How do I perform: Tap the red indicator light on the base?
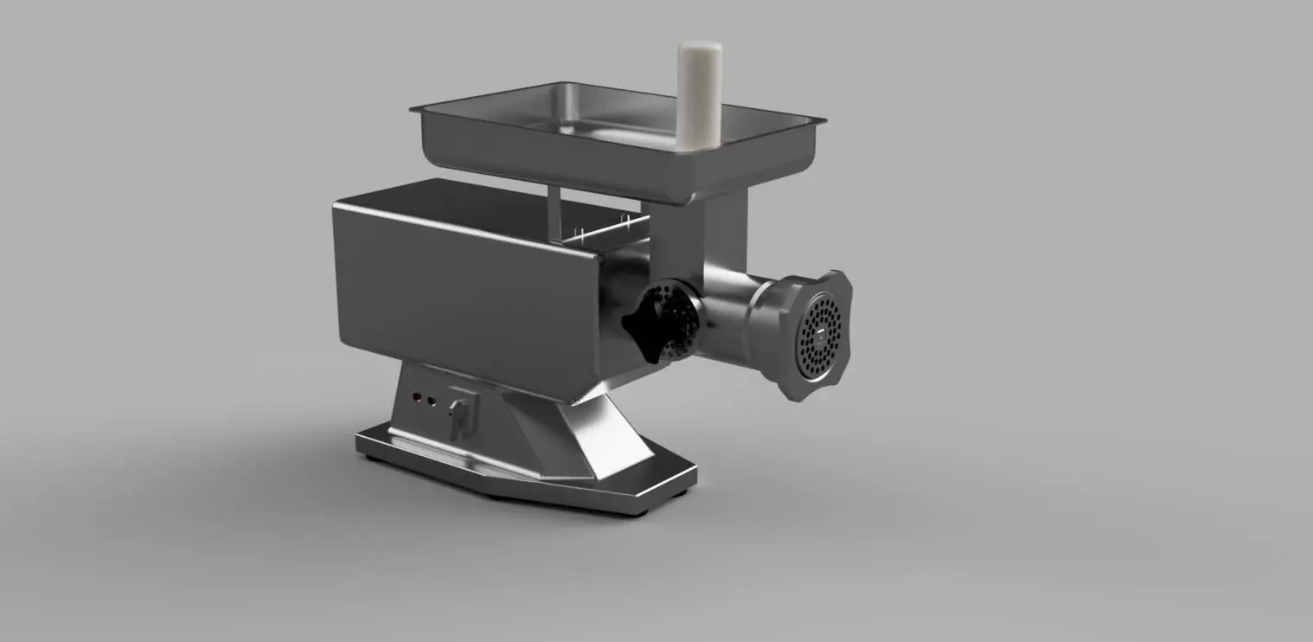pyautogui.click(x=417, y=399)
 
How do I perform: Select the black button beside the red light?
pyautogui.click(x=432, y=401)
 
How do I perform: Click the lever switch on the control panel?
pyautogui.click(x=459, y=414)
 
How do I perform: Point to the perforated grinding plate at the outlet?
pyautogui.click(x=817, y=336)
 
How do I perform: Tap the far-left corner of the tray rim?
pyautogui.click(x=413, y=109)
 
